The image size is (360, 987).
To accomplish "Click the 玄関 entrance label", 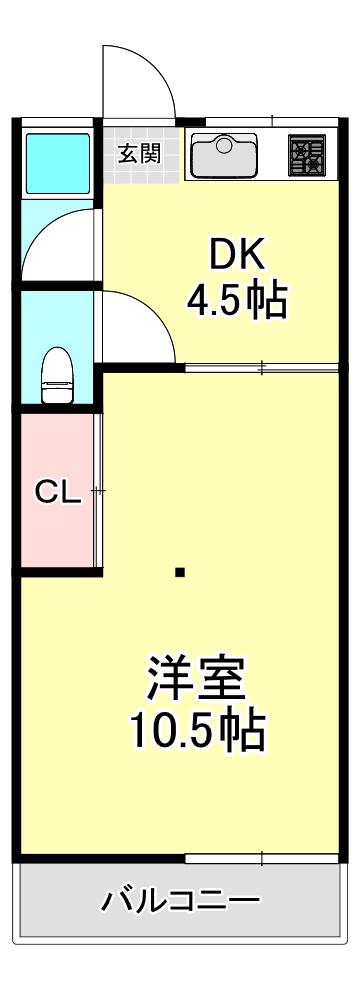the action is pyautogui.click(x=140, y=153).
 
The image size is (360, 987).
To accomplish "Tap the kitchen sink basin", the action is pyautogui.click(x=223, y=155).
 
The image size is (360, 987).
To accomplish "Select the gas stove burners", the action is pyautogui.click(x=307, y=155).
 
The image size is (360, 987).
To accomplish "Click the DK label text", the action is pyautogui.click(x=237, y=254).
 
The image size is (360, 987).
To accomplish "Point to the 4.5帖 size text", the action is pyautogui.click(x=236, y=300).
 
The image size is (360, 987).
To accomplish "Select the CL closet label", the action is pyautogui.click(x=58, y=493).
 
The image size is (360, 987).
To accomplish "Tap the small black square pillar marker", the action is pyautogui.click(x=180, y=572).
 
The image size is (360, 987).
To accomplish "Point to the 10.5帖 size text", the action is pyautogui.click(x=197, y=730).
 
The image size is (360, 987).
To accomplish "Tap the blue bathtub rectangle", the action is pyautogui.click(x=57, y=163).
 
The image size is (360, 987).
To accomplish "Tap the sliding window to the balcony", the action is pyautogui.click(x=261, y=858).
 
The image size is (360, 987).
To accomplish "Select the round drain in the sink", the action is pyautogui.click(x=223, y=145).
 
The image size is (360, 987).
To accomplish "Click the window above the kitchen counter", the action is pyautogui.click(x=272, y=120).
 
